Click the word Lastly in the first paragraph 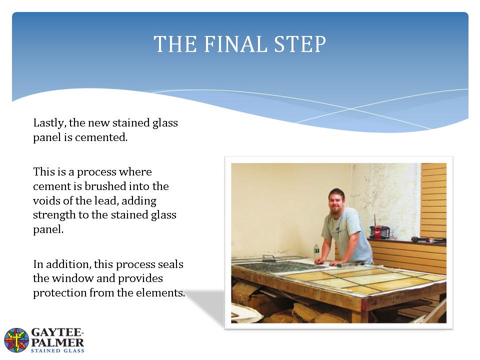[x=49, y=123]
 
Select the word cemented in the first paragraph [x=101, y=137]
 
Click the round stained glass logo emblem [x=16, y=340]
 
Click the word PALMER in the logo [x=57, y=342]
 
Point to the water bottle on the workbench [x=316, y=252]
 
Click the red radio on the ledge [x=379, y=232]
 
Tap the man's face [x=336, y=202]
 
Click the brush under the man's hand [x=349, y=263]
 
